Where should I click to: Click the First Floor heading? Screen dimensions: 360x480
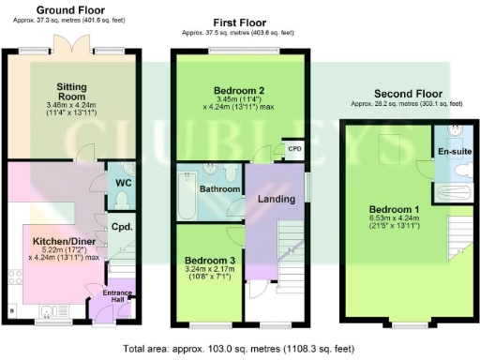(x=239, y=22)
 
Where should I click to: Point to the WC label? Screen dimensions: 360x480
(x=122, y=182)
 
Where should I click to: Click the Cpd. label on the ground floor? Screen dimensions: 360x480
(x=120, y=226)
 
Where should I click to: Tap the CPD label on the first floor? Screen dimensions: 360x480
(x=294, y=148)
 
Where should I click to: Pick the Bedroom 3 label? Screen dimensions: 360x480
(x=208, y=260)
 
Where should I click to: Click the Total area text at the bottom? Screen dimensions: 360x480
(x=239, y=348)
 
